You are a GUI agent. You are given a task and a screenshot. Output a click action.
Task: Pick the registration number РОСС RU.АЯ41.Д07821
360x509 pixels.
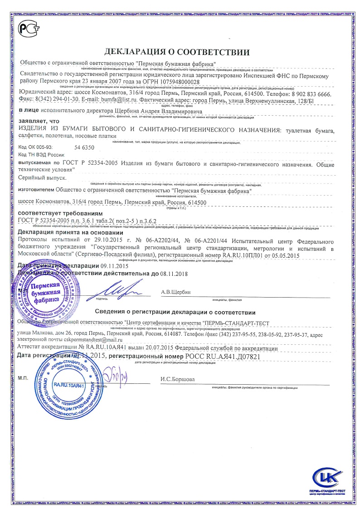point(224,357)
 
